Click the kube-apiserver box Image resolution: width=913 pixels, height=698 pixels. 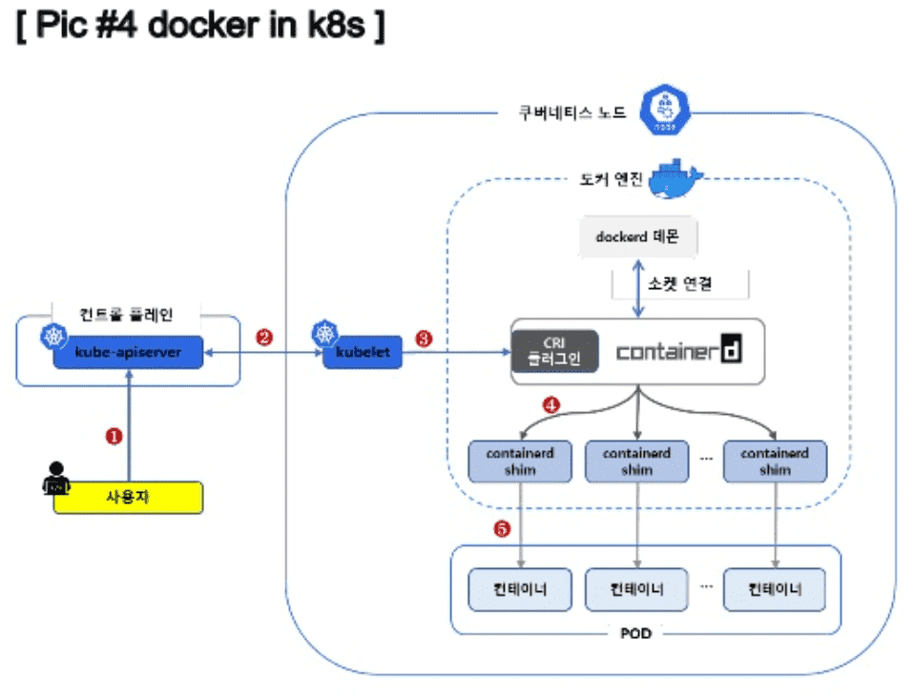coord(127,352)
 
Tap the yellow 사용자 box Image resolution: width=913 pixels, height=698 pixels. coord(128,497)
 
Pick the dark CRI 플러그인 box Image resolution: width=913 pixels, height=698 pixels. coord(554,351)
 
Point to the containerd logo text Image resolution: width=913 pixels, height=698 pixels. coord(678,351)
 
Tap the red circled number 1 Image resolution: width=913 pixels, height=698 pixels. coord(114,436)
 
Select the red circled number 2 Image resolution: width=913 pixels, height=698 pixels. coord(264,337)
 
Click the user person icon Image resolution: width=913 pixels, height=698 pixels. coord(58,480)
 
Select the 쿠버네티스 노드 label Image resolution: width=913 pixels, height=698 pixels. coord(571,113)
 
